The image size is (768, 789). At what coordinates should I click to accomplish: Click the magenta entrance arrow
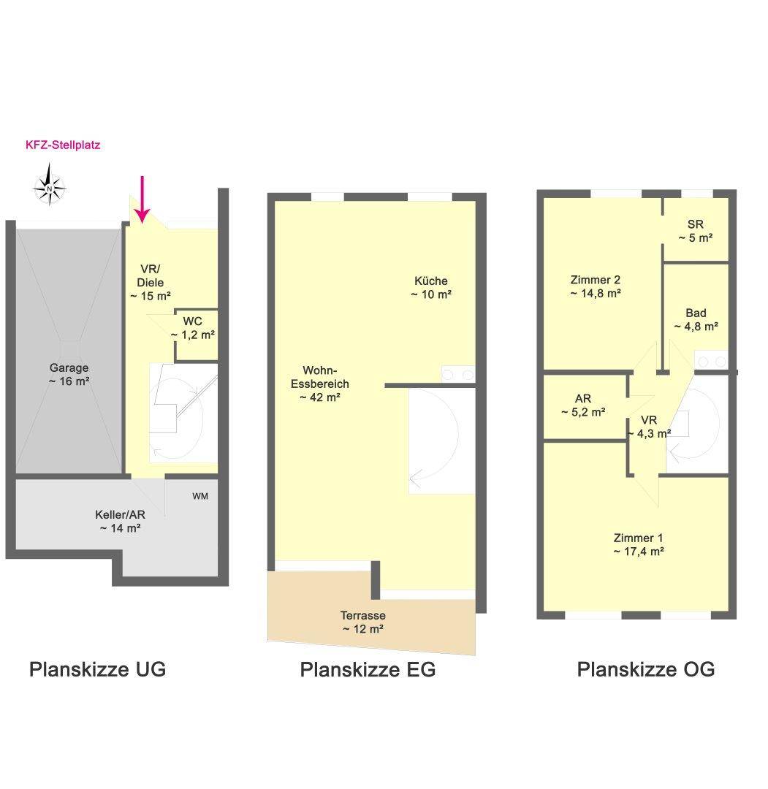pos(142,199)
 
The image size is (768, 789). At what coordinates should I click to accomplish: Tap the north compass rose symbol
pos(49,185)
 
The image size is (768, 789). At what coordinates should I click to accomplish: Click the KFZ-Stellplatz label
pos(63,145)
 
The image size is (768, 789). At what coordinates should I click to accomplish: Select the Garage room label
pos(69,374)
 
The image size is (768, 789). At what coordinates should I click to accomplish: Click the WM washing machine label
pos(200,496)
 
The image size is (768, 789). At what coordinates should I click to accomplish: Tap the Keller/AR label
pos(121,522)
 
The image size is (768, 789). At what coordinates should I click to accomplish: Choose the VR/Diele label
pos(150,282)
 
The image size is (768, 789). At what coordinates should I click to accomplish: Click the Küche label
pos(431,287)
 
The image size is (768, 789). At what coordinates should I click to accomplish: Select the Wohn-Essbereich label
pos(319,384)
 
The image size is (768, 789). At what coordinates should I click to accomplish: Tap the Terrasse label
pos(363,622)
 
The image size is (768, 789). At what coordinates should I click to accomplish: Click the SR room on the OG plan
pos(696,230)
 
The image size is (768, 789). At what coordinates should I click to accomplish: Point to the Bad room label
pos(696,319)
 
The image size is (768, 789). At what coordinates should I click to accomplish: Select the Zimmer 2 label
pos(596,286)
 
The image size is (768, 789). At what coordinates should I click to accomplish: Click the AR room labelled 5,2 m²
pos(585,405)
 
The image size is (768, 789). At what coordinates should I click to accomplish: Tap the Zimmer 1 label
pos(639,544)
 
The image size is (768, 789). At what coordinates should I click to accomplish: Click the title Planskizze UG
pos(98,669)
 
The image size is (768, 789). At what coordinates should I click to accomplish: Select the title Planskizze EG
pos(368,669)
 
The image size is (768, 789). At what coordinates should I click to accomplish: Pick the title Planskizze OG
pos(646,669)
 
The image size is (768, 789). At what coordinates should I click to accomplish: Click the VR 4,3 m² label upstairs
pos(649,427)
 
